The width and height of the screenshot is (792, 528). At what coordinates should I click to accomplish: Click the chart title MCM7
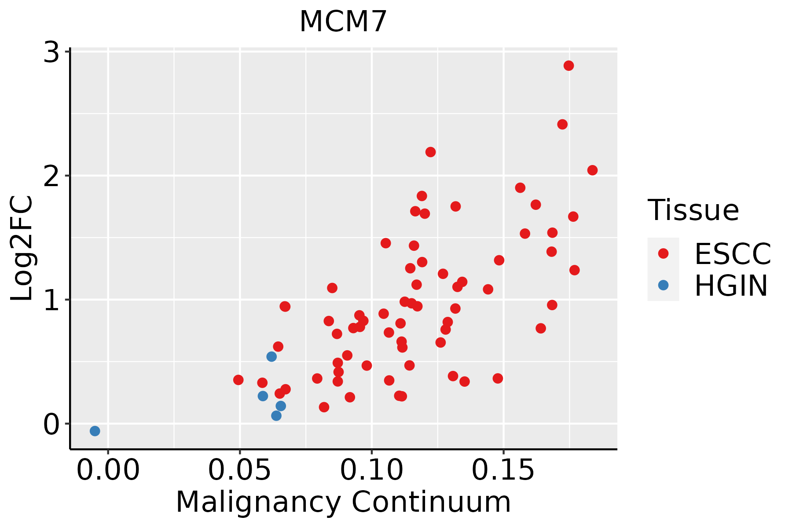[343, 22]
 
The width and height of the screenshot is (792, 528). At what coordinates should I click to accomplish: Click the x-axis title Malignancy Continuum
[343, 502]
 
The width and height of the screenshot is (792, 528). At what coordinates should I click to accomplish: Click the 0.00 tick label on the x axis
[108, 470]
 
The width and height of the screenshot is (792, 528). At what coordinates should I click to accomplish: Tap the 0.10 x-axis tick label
[371, 470]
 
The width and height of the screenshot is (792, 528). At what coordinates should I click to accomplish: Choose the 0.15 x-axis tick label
[503, 470]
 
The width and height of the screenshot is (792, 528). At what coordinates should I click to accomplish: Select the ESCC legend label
[733, 254]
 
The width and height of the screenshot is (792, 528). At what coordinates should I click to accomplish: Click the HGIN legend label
[731, 286]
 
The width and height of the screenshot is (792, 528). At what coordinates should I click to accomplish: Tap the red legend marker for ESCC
[663, 253]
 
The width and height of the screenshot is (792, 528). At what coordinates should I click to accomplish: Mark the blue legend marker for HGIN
[663, 285]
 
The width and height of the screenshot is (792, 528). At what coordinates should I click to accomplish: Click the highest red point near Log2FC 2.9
[568, 66]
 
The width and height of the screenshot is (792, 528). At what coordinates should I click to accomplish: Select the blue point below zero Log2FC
[95, 431]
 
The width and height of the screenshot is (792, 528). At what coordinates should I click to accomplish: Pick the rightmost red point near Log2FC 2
[592, 170]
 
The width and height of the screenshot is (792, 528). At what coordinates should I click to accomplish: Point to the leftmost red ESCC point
[238, 380]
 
